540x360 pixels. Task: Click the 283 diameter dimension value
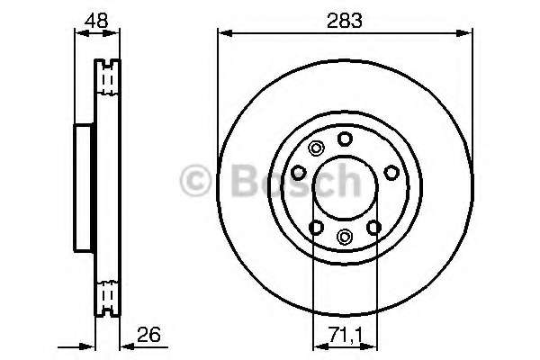point(345,20)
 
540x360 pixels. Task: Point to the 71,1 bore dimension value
point(345,337)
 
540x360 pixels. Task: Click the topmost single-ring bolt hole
point(345,139)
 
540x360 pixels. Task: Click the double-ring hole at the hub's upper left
point(315,149)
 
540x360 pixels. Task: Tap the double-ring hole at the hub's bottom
point(345,236)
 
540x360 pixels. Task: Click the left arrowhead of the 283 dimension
point(221,34)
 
